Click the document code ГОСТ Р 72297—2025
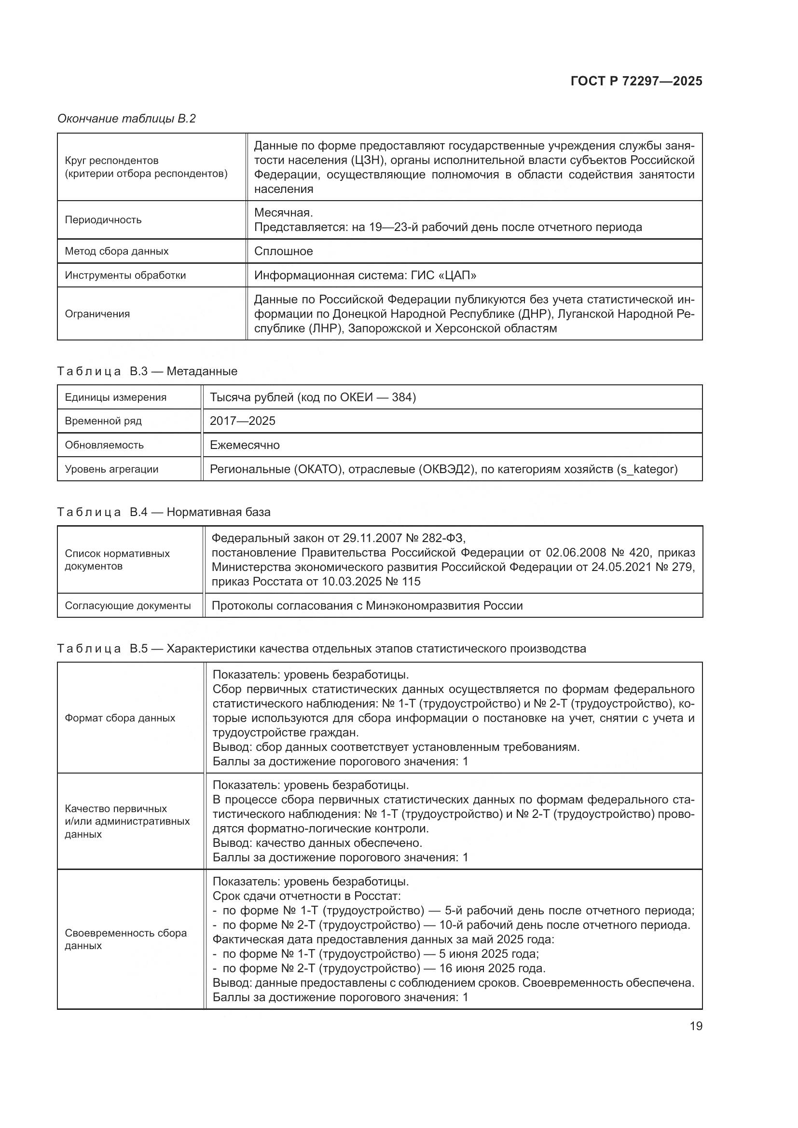point(636,81)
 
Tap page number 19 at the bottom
point(696,1026)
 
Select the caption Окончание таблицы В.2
point(126,119)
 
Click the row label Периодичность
point(103,219)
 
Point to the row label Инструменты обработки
point(125,275)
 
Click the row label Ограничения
point(97,313)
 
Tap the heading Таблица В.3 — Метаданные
point(147,371)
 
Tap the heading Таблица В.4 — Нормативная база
point(164,512)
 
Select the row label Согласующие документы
point(128,605)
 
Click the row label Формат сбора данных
point(120,718)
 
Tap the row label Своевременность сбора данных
point(126,939)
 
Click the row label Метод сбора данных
point(116,251)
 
